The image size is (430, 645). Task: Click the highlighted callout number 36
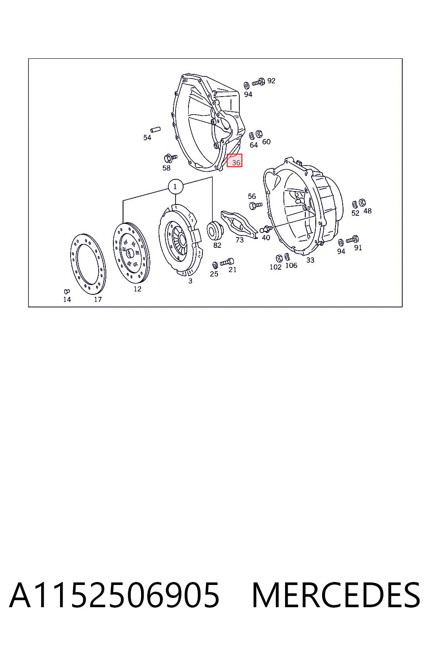pyautogui.click(x=234, y=160)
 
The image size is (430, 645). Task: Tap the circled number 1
pyautogui.click(x=176, y=187)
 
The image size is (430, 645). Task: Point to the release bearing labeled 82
pyautogui.click(x=215, y=230)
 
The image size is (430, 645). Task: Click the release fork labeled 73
pyautogui.click(x=239, y=224)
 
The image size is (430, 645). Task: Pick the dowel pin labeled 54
pyautogui.click(x=155, y=130)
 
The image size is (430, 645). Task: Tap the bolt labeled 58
pyautogui.click(x=170, y=158)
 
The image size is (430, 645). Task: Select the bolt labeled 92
pyautogui.click(x=258, y=82)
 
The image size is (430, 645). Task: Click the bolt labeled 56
pyautogui.click(x=255, y=206)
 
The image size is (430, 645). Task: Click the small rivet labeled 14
pyautogui.click(x=67, y=292)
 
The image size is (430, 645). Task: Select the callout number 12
pyautogui.click(x=137, y=289)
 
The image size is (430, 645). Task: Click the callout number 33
pyautogui.click(x=310, y=260)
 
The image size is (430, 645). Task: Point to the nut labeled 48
pyautogui.click(x=363, y=202)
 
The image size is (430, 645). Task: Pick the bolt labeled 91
pyautogui.click(x=352, y=239)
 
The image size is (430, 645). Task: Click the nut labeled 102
pyautogui.click(x=279, y=258)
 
